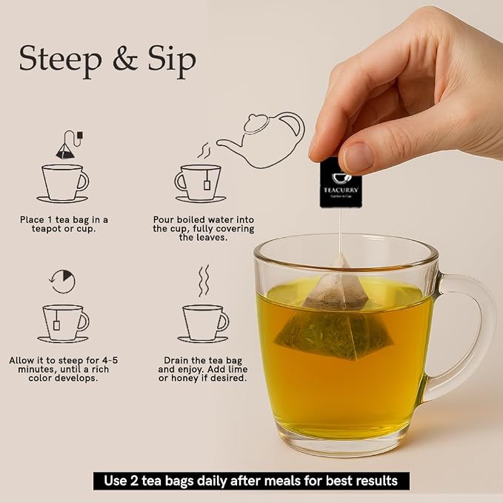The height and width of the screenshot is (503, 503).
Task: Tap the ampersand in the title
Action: point(125,59)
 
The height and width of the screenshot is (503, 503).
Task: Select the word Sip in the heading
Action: point(172,60)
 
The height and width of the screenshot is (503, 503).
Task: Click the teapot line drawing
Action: point(261,139)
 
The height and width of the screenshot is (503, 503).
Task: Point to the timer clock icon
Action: point(63,282)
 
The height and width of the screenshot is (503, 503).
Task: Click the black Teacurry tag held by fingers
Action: point(340,183)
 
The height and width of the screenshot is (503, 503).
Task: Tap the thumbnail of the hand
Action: point(357,158)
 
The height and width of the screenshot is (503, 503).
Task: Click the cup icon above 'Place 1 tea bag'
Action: point(63,184)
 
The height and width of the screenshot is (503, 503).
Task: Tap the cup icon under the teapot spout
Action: point(200,184)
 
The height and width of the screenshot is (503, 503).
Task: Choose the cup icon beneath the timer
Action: point(64,323)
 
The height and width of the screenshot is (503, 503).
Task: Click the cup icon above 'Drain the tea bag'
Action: point(204,323)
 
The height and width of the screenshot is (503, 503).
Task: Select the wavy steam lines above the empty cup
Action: point(204,281)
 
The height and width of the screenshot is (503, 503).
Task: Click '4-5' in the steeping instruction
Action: point(110,361)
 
